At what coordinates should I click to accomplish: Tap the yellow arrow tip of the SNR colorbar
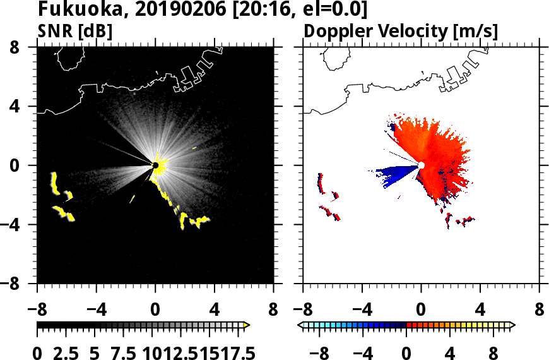click(x=247, y=325)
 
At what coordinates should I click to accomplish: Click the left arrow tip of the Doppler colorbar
click(x=300, y=325)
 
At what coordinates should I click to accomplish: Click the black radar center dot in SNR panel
click(x=155, y=165)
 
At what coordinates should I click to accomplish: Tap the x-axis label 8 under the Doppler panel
click(x=540, y=310)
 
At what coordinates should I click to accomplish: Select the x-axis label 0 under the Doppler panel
click(x=421, y=310)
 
